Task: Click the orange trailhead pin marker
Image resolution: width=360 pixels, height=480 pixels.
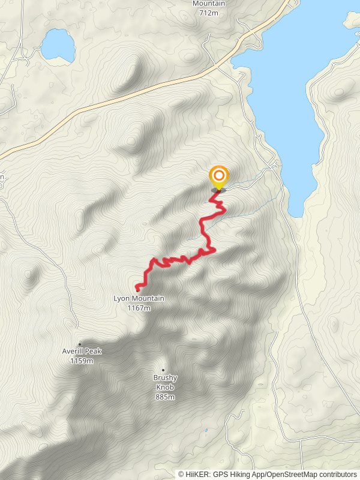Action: tap(219, 176)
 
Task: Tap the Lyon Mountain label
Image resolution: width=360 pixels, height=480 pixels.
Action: tap(139, 299)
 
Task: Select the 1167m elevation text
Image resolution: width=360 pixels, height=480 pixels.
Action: tap(139, 308)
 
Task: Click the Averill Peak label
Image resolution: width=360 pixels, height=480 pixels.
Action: tap(82, 352)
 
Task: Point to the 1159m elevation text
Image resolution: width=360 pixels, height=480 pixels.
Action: tap(82, 361)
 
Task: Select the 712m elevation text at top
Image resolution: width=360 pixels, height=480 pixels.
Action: tap(209, 12)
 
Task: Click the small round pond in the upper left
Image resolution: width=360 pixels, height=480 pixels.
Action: tap(58, 46)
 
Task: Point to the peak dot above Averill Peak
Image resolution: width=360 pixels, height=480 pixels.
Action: tap(80, 344)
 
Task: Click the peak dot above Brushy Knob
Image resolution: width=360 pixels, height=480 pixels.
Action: tap(163, 370)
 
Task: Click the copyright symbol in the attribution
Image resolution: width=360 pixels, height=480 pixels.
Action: tap(181, 475)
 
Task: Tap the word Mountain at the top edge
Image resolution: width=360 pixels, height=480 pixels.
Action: tap(209, 4)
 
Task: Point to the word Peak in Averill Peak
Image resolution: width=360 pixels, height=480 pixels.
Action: tap(93, 352)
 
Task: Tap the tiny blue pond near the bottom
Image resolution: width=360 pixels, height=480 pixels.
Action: tap(205, 430)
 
